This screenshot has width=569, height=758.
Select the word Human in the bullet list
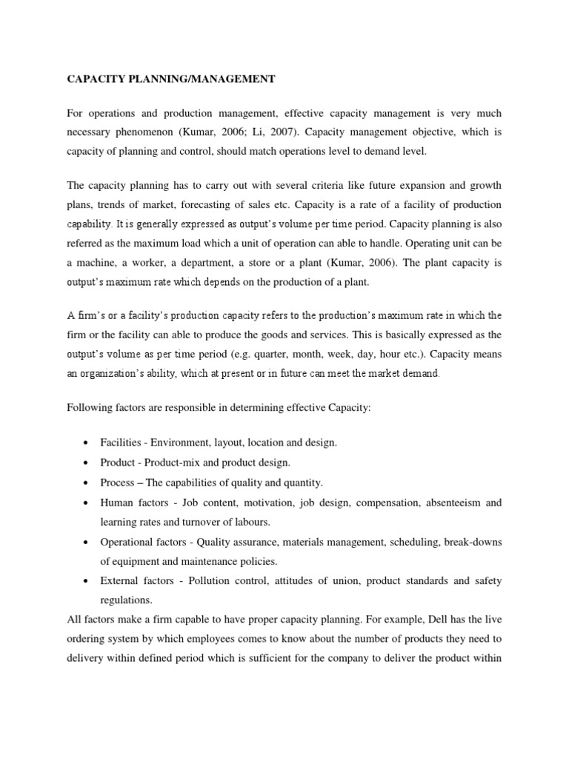(x=117, y=503)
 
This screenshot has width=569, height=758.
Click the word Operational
(x=126, y=542)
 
